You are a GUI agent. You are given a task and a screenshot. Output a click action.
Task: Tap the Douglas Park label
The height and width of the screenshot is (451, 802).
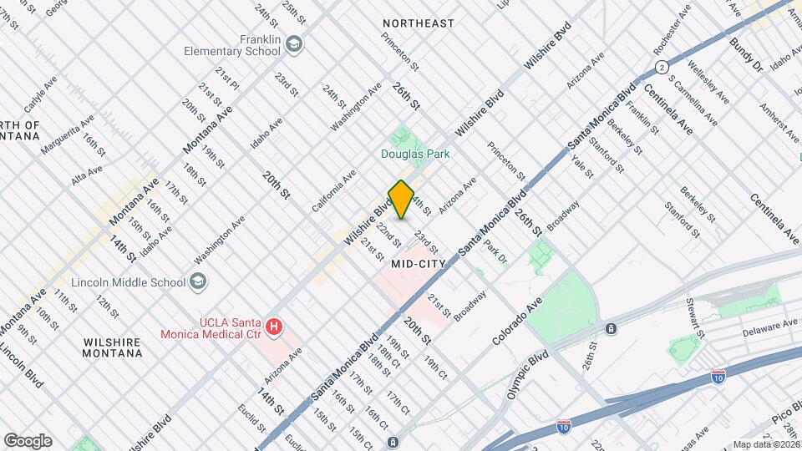[x=415, y=154]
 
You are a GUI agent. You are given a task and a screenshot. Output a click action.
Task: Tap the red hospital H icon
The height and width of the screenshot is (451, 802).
[x=272, y=328]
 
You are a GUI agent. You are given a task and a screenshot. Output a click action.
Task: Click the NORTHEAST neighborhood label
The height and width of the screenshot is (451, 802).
[x=418, y=23]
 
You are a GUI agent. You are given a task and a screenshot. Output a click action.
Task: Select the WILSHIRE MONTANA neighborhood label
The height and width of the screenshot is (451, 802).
[x=113, y=347]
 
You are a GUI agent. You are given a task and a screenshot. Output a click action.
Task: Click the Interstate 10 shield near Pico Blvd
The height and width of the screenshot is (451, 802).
[x=717, y=378]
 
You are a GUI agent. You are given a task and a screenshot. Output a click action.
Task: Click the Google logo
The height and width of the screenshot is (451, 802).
[x=28, y=441]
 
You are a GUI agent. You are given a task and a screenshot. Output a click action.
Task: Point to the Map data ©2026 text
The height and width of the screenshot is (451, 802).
[x=766, y=444]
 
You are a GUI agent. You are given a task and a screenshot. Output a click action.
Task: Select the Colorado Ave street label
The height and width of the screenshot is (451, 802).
[x=517, y=322]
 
